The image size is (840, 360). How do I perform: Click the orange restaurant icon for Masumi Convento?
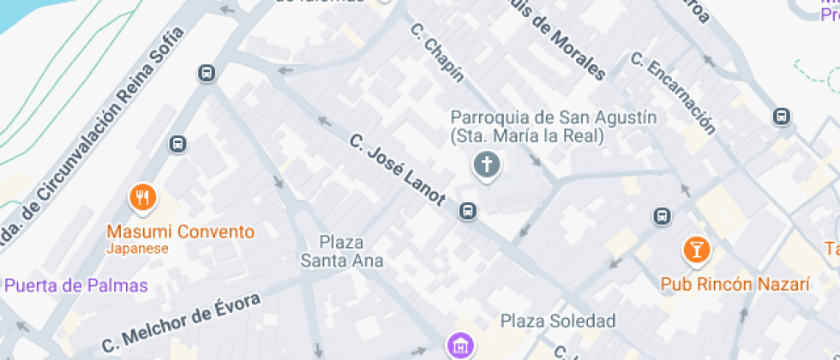coord(142,198)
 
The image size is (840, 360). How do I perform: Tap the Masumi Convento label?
coord(180,231)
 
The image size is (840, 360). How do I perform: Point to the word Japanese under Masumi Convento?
coord(137,249)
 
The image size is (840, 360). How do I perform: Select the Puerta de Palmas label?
coord(75,285)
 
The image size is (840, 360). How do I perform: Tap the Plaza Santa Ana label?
coord(341,251)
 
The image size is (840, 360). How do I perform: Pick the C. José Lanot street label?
coord(397,170)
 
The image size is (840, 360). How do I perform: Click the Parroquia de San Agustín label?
coord(529,126)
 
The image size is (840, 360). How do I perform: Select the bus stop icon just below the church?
coord(467,210)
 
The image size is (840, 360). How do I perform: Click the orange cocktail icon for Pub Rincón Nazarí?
coord(696,250)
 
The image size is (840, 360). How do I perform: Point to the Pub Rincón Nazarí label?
coord(735,284)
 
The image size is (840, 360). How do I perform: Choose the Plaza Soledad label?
coord(558,321)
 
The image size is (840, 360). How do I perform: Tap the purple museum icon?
coord(459,345)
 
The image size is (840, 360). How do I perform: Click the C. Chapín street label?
coord(437,52)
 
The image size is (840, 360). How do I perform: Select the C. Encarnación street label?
coord(672,93)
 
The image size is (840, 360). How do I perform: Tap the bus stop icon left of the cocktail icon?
coord(662,215)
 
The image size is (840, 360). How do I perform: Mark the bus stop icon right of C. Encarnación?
coord(781,116)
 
